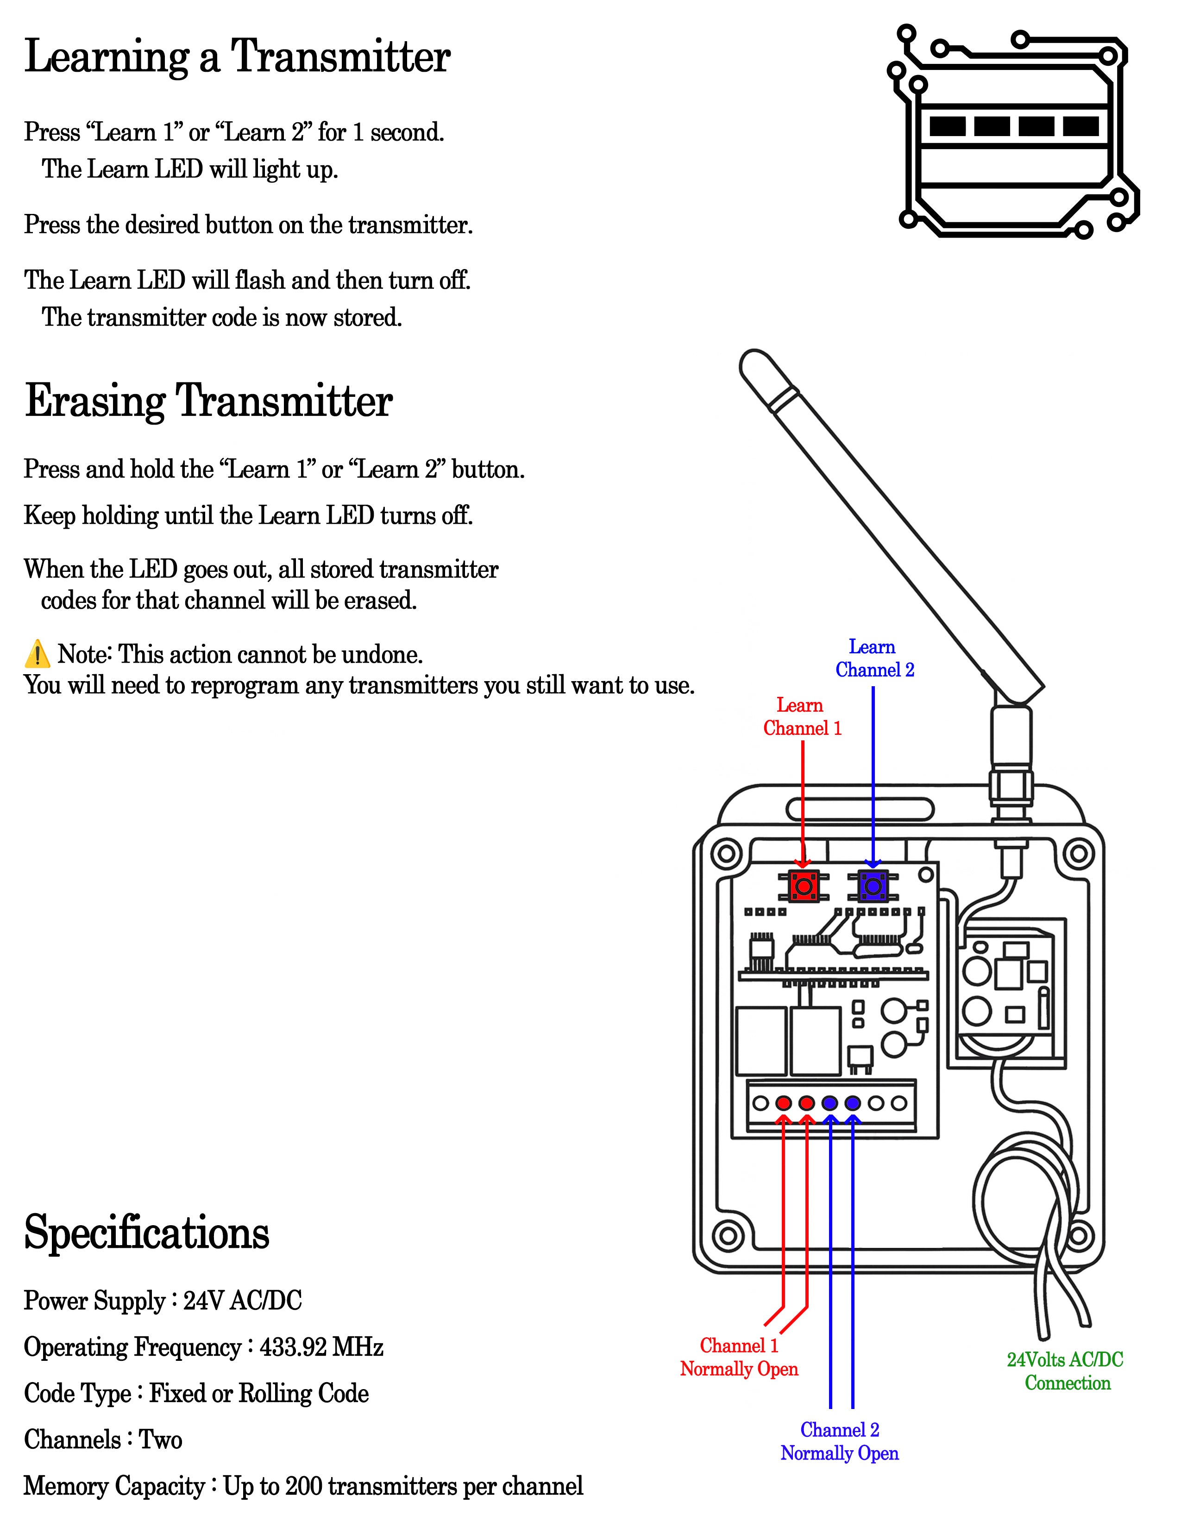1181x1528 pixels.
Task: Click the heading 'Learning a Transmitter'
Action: [237, 57]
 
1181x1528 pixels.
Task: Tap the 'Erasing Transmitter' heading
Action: [208, 401]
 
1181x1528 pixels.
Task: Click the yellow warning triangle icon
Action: [37, 654]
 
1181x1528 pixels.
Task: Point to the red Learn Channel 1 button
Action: [803, 886]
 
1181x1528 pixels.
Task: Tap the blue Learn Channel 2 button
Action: [873, 886]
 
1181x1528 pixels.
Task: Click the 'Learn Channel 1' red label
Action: [802, 717]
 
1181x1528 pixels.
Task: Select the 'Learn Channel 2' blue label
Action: [874, 658]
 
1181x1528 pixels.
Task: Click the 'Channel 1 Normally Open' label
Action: [739, 1357]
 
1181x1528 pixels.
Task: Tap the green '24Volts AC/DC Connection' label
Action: [1066, 1371]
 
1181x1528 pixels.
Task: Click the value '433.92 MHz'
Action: [321, 1347]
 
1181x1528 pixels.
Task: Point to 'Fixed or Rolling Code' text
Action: [259, 1393]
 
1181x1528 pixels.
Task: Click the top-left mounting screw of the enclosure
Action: [726, 853]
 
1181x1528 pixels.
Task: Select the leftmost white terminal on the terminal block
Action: [760, 1103]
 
